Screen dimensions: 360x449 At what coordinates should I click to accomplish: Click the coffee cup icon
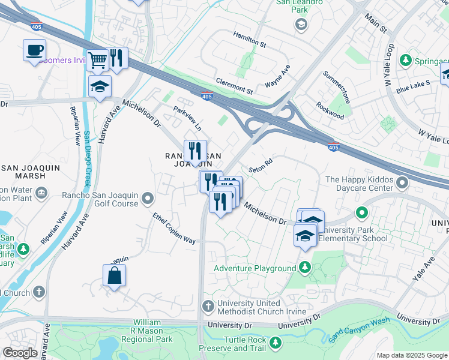[35, 50]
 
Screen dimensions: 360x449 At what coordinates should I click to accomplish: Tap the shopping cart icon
[97, 59]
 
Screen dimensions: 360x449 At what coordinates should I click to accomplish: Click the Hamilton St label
[250, 40]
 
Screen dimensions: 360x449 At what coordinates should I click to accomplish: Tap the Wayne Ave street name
[277, 77]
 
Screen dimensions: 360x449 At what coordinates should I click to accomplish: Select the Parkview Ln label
[187, 118]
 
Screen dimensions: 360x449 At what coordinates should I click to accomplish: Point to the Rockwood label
[331, 111]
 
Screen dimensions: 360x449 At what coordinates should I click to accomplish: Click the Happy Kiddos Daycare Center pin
[362, 212]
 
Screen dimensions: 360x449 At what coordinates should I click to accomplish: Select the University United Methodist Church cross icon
[208, 307]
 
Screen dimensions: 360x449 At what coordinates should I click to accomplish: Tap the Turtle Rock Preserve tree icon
[276, 342]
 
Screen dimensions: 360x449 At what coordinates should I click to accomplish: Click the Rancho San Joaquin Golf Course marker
[147, 196]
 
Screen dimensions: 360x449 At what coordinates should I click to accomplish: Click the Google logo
[20, 353]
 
